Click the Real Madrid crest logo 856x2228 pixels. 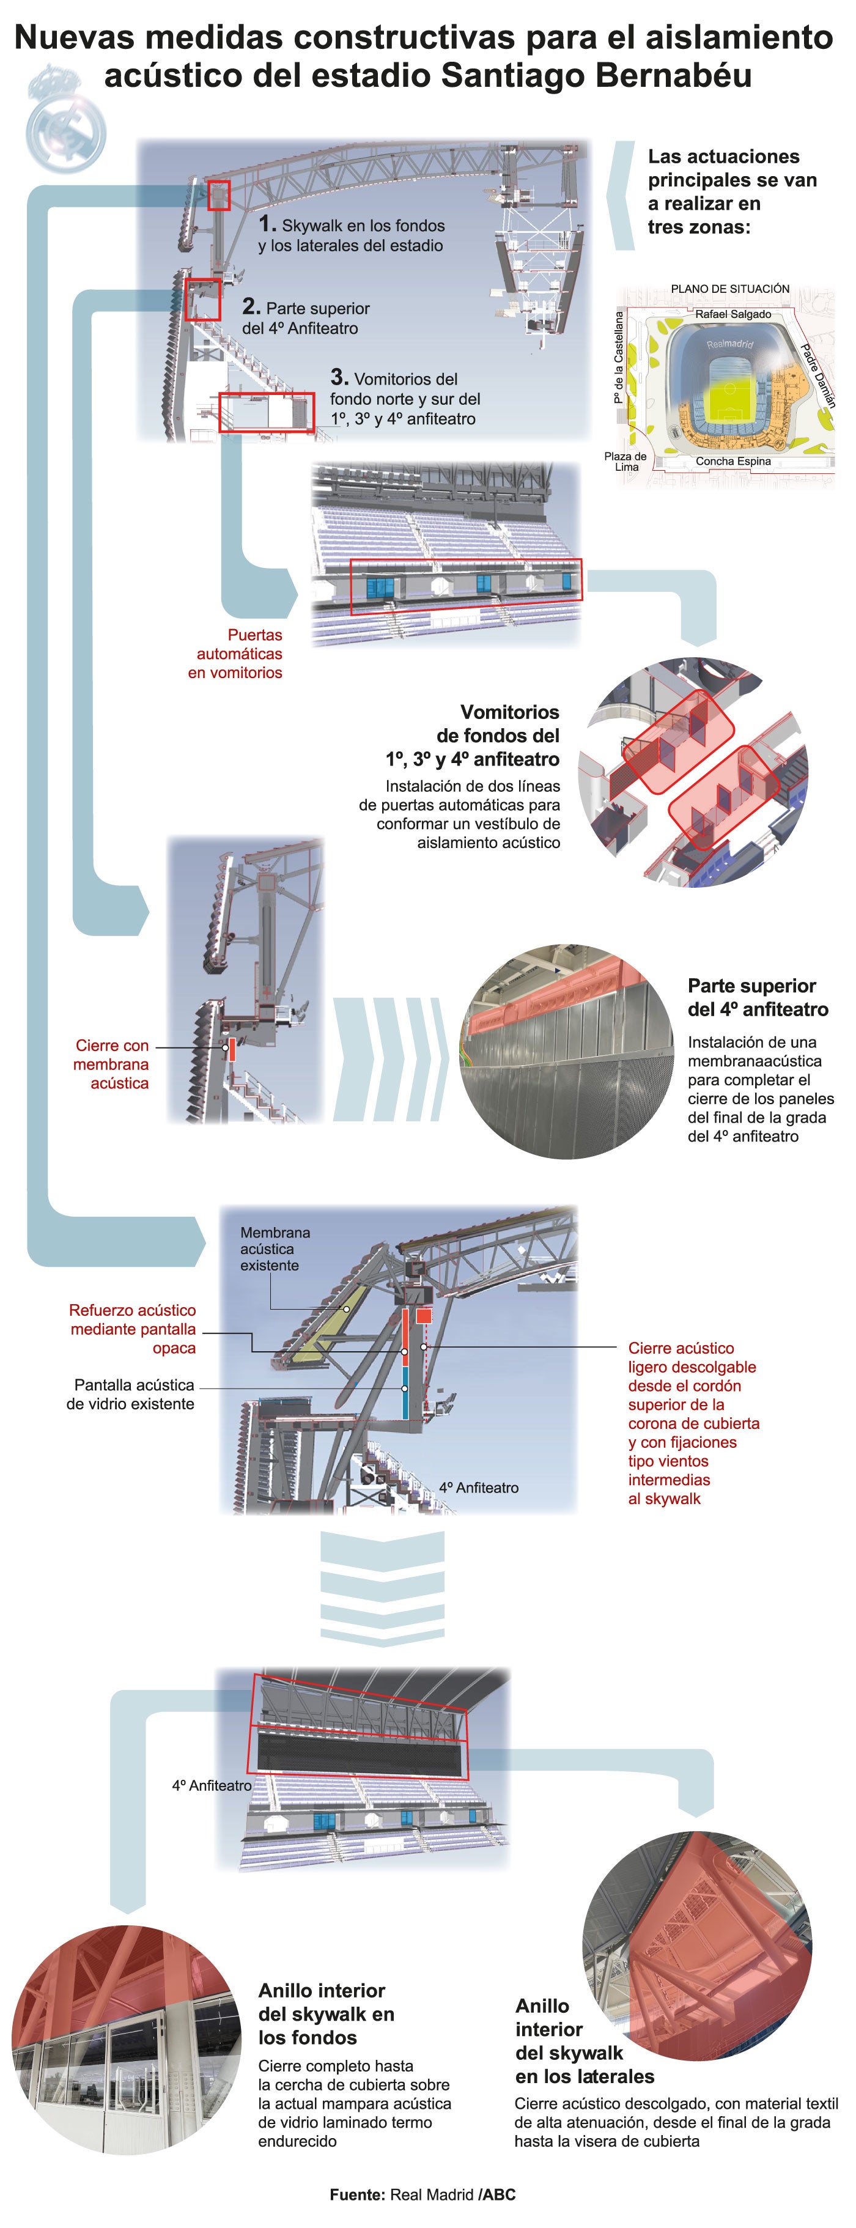[x=65, y=121]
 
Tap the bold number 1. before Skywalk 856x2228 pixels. [x=267, y=224]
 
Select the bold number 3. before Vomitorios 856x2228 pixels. [x=339, y=377]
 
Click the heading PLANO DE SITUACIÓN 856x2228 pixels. [x=730, y=288]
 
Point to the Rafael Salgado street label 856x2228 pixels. [x=732, y=314]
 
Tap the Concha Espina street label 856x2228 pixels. [x=732, y=461]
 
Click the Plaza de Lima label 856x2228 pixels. [x=625, y=461]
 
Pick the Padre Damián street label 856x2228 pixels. [x=817, y=375]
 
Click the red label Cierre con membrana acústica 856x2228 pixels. [x=111, y=1064]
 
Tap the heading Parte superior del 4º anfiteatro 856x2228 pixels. [x=758, y=997]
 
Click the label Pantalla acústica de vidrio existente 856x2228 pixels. [x=131, y=1394]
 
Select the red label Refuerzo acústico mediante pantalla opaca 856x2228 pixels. [x=133, y=1329]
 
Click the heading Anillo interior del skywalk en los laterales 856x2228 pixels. [x=585, y=2040]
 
